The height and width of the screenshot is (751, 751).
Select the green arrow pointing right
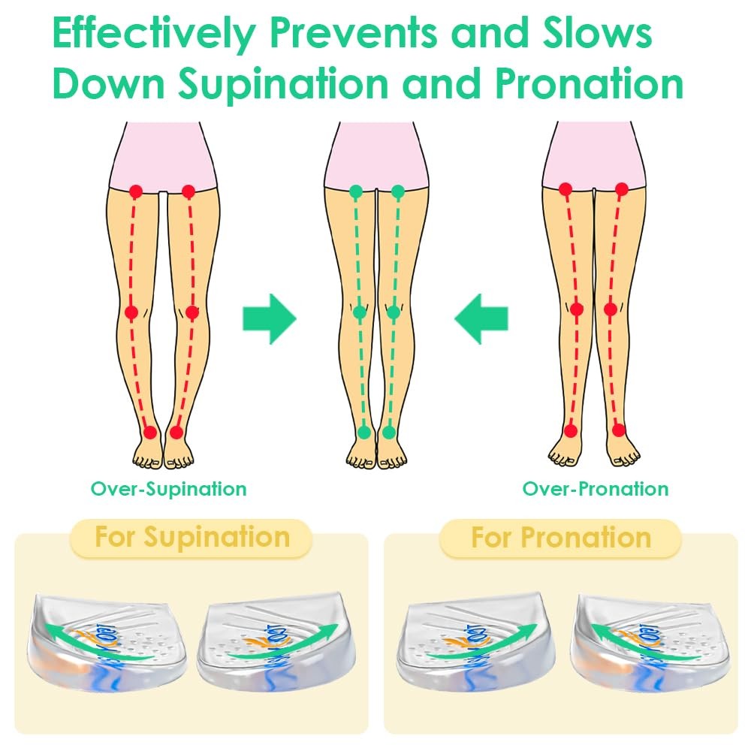coord(269,318)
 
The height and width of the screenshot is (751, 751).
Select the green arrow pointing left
coord(481,318)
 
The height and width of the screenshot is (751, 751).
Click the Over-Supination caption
coord(169,489)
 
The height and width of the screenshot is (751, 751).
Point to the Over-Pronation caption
coord(596,489)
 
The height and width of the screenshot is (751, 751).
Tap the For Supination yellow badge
coord(192,538)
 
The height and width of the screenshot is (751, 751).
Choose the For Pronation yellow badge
coord(560,538)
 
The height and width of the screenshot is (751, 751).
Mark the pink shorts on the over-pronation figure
coord(593,154)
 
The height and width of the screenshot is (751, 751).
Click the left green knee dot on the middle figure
coord(360,312)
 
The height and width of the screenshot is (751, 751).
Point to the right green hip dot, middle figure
coord(398,192)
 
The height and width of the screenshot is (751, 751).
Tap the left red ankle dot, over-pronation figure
coord(571,430)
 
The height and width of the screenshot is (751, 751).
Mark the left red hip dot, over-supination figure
coord(136,192)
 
